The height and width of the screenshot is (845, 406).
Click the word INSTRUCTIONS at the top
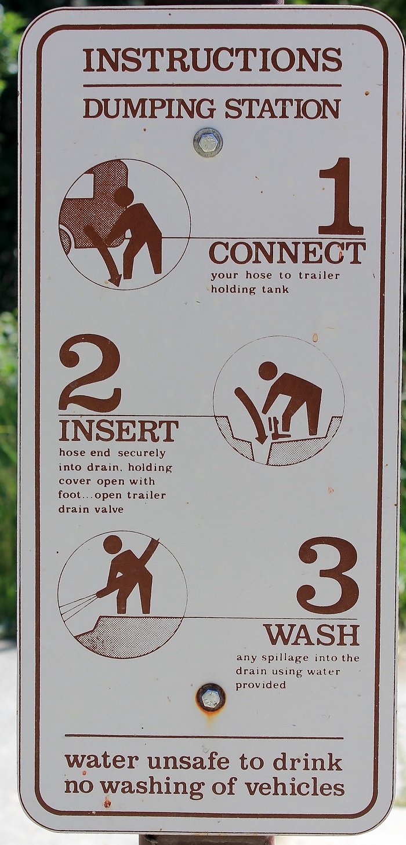tap(213, 60)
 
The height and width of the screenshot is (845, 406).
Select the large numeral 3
tap(328, 576)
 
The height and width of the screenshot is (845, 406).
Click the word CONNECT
tap(287, 253)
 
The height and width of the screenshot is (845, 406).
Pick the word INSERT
tap(118, 431)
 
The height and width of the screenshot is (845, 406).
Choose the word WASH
tap(311, 635)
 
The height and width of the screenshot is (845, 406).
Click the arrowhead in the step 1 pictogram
tap(114, 280)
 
